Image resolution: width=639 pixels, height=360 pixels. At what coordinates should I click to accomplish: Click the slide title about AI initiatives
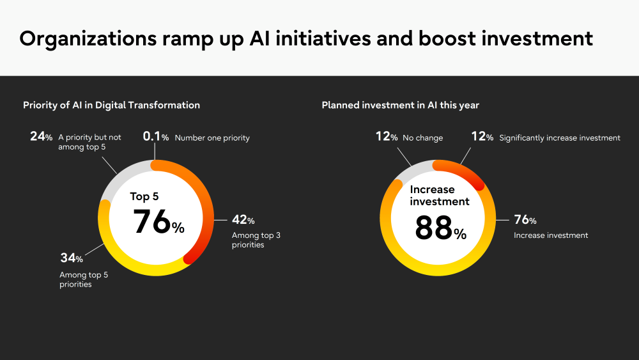pos(306,39)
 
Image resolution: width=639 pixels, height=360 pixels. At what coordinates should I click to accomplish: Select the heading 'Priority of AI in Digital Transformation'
pos(111,106)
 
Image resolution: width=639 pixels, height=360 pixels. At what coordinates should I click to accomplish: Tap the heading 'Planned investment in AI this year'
pos(400,106)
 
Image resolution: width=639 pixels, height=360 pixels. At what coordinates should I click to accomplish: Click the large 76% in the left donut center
pos(158,222)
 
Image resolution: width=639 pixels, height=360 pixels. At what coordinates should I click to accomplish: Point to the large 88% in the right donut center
pos(440,228)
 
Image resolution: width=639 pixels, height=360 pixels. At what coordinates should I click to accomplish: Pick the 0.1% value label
pos(156,137)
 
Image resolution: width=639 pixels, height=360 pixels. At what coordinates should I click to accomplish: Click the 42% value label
pos(243,220)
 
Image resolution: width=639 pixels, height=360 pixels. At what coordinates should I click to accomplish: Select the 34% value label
pos(72,258)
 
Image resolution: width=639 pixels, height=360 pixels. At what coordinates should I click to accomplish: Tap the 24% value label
pos(41,136)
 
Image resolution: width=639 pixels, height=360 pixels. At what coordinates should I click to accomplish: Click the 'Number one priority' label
pos(212,138)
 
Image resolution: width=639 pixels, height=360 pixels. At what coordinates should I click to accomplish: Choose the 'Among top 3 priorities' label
pos(256,240)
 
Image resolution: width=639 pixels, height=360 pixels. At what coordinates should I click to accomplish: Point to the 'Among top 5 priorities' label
pos(84,279)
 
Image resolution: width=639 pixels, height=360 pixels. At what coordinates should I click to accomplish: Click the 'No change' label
pos(422,138)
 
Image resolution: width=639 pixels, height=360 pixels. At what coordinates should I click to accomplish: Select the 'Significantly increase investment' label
pos(560,138)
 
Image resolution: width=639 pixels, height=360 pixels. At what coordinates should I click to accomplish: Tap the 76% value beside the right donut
pos(525,220)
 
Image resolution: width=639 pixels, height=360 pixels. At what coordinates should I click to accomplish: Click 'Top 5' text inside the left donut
pos(144,196)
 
